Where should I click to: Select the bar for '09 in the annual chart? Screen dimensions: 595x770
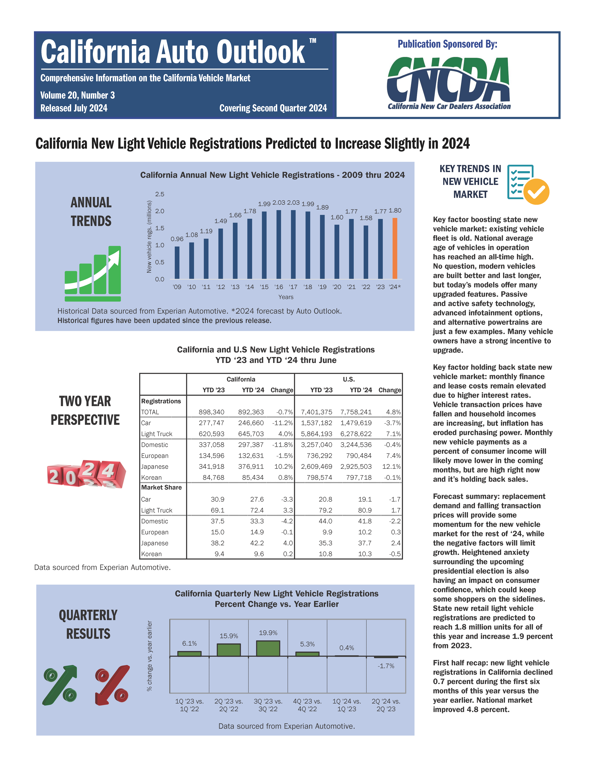(177, 263)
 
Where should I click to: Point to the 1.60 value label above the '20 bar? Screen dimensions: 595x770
(337, 218)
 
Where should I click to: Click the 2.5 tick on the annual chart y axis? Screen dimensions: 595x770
(160, 194)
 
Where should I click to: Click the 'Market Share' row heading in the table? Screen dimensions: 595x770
(161, 488)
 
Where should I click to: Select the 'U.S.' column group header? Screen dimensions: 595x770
(349, 379)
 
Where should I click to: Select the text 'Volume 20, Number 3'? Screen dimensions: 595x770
(78, 95)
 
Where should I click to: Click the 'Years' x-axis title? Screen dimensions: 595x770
(286, 297)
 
